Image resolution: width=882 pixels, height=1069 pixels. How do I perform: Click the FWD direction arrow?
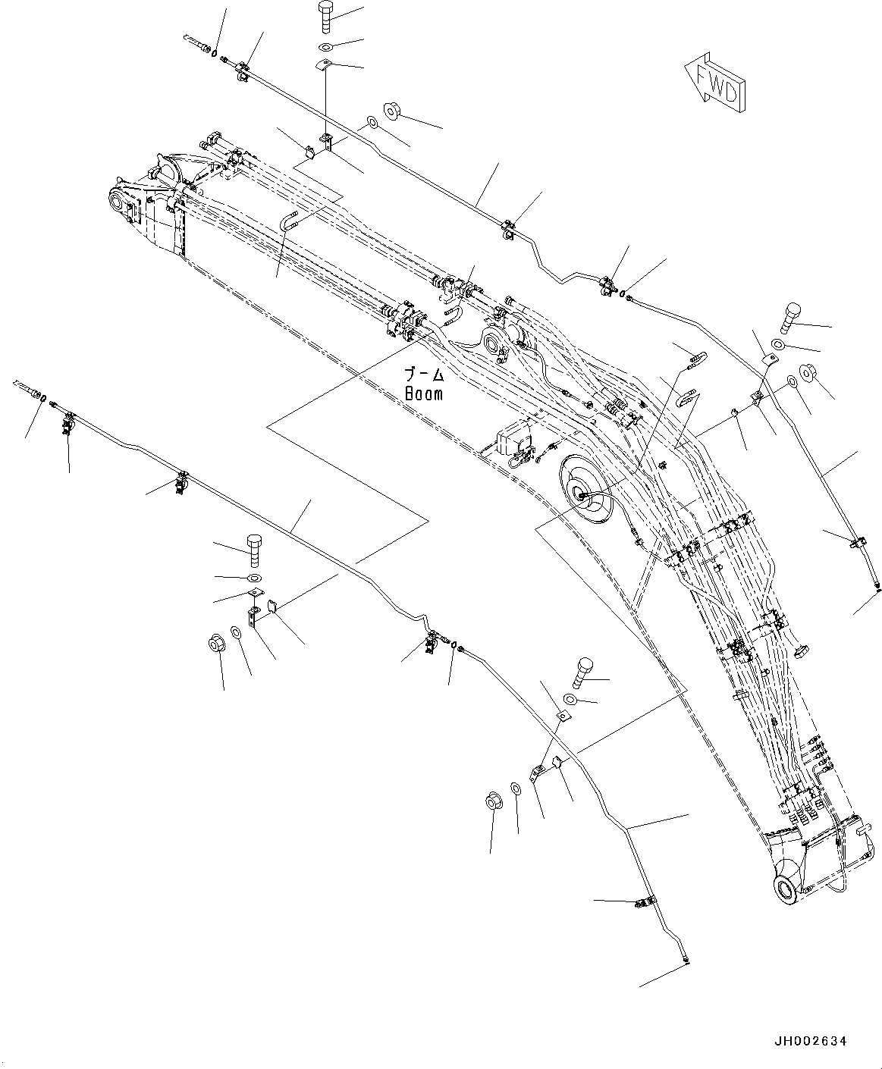click(x=714, y=82)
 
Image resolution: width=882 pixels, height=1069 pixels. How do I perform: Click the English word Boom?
click(x=424, y=393)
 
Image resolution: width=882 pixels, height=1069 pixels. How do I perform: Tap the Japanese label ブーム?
click(x=425, y=375)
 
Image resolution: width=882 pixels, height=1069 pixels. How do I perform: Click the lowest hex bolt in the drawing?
click(x=579, y=672)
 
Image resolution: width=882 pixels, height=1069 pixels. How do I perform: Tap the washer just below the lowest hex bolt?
click(x=570, y=698)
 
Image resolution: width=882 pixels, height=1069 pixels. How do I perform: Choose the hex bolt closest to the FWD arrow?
click(x=791, y=318)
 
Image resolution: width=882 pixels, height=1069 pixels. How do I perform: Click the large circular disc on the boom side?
click(x=587, y=491)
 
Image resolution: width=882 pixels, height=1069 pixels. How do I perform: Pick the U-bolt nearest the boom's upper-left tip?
click(x=290, y=220)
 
